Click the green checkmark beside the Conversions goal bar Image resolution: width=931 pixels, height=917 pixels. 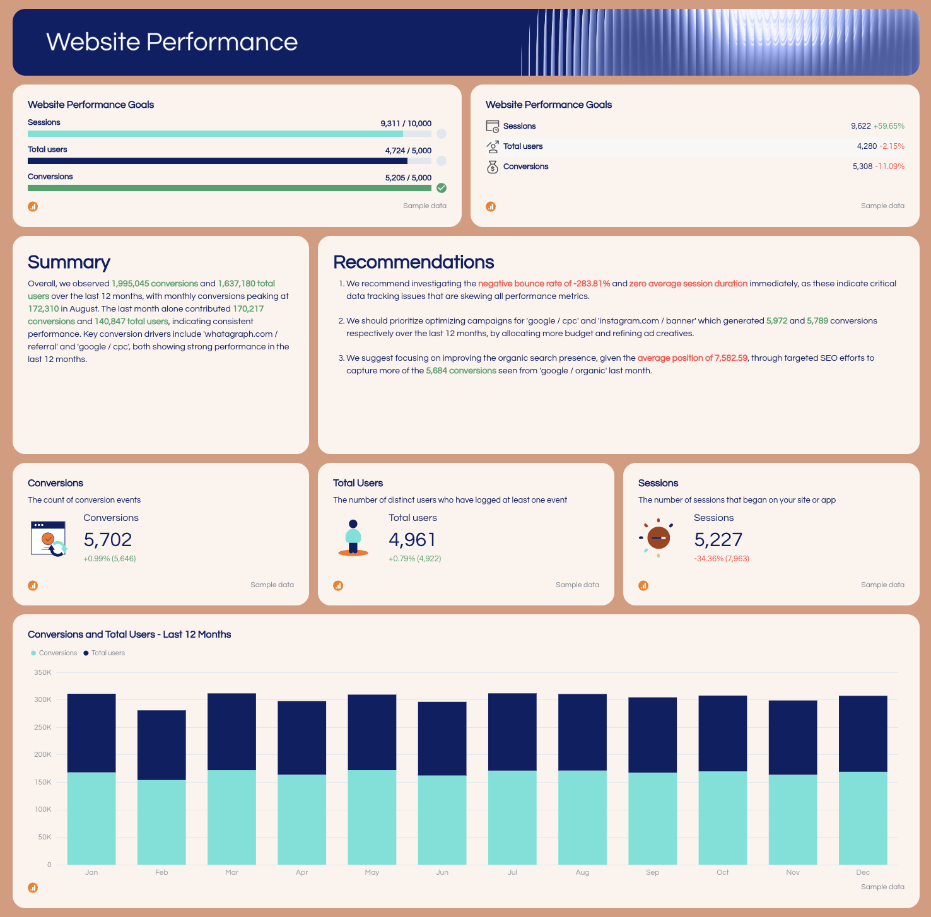click(442, 188)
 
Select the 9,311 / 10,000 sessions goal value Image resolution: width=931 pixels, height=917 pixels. click(406, 124)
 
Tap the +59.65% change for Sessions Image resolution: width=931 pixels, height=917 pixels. click(889, 126)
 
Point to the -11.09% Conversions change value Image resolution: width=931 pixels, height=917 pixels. click(889, 166)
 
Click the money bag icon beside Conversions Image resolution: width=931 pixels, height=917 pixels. click(492, 166)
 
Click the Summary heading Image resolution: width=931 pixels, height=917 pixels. click(69, 262)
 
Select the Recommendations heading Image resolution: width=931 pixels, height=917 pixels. click(413, 262)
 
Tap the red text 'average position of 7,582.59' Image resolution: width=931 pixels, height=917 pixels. click(692, 358)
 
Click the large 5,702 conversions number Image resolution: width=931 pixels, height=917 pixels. click(108, 540)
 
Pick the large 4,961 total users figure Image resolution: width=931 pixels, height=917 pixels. click(412, 540)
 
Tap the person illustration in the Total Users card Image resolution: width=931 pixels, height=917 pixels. click(353, 537)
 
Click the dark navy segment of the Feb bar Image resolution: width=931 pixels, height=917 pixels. click(161, 745)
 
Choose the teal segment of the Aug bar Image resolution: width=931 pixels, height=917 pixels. click(582, 817)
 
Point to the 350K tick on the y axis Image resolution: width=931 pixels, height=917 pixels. click(43, 673)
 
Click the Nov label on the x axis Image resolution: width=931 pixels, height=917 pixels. click(793, 873)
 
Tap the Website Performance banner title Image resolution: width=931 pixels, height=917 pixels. click(172, 42)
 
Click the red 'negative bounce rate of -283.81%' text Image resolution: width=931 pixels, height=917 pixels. click(544, 284)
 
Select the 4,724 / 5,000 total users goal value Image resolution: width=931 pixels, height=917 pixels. click(408, 151)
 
